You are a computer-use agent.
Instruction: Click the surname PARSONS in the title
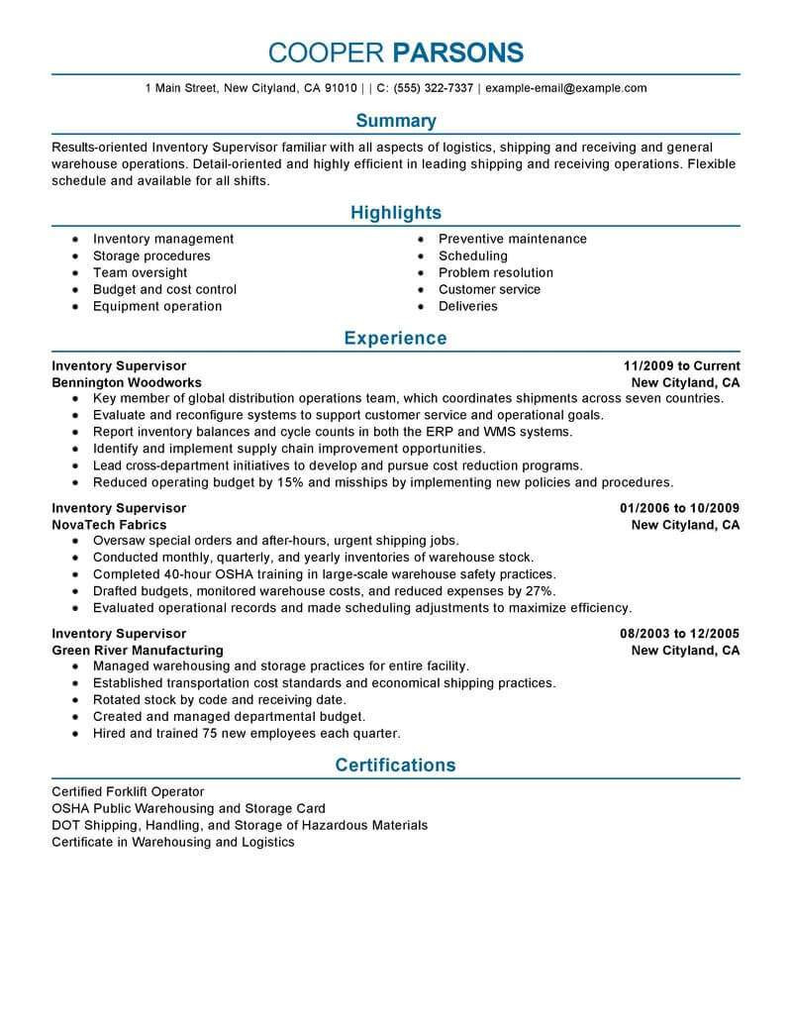click(x=457, y=52)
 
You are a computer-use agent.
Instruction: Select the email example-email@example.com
click(x=566, y=88)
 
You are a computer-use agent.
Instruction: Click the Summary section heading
click(x=395, y=121)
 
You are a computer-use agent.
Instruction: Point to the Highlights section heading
click(x=395, y=213)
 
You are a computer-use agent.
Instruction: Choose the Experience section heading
click(x=395, y=339)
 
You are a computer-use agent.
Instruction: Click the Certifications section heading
click(x=395, y=765)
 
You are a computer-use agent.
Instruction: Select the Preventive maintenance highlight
click(x=512, y=239)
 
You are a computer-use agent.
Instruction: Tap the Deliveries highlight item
click(x=467, y=306)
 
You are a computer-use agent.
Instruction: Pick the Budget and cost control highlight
click(x=164, y=289)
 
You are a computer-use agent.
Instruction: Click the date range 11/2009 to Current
click(x=682, y=365)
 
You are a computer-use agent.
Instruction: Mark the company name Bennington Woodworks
click(x=127, y=382)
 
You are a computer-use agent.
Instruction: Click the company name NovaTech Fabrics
click(x=109, y=525)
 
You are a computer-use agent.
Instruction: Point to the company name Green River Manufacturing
click(x=138, y=651)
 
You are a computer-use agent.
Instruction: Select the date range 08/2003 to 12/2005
click(x=680, y=634)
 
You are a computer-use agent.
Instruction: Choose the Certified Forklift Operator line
click(x=128, y=791)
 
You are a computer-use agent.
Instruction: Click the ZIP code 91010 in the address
click(x=340, y=88)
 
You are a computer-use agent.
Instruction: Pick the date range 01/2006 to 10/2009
click(x=680, y=508)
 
